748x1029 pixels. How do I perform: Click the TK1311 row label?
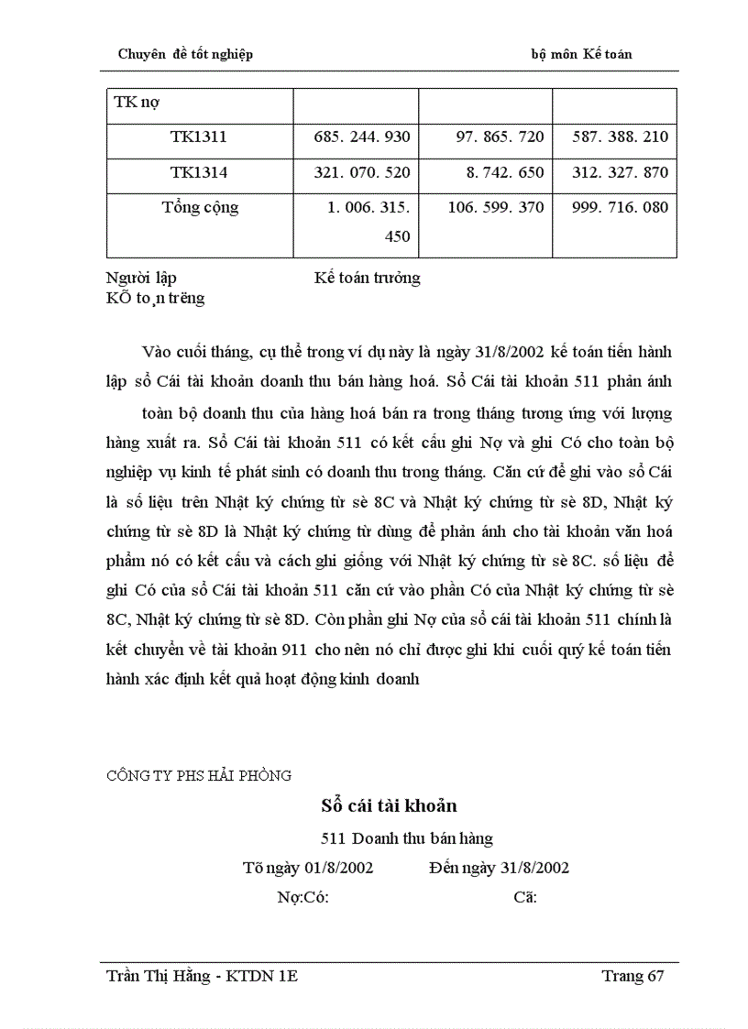(198, 137)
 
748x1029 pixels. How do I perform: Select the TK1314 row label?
(198, 172)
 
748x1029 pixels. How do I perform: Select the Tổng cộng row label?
(200, 207)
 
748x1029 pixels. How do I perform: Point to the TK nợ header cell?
(137, 103)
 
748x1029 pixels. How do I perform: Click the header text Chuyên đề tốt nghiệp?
(186, 54)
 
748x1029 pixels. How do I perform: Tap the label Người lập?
(142, 278)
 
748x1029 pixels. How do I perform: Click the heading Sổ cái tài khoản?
(389, 806)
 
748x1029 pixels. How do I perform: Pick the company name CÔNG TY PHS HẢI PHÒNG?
(199, 775)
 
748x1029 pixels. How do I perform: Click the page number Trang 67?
(632, 976)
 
